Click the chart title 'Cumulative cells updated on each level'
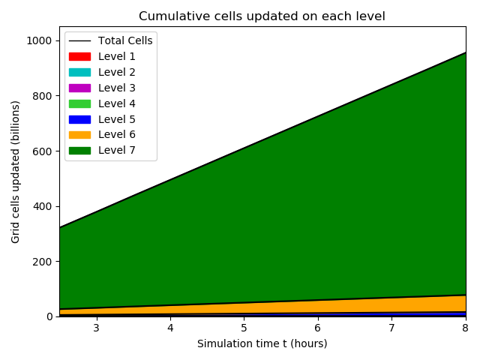[x=262, y=16]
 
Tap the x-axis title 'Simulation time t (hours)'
[x=262, y=343]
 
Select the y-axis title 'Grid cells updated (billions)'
[x=16, y=172]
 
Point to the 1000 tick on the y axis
[x=40, y=40]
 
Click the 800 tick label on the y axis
[x=43, y=96]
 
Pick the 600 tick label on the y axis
[x=43, y=151]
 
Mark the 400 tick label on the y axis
[x=43, y=206]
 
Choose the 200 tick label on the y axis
[x=43, y=262]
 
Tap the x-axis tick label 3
[x=96, y=328]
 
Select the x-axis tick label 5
[x=244, y=328]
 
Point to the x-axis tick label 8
[x=466, y=328]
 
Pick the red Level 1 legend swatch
[x=79, y=56]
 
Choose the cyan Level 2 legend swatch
[x=79, y=72]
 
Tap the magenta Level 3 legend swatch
[x=79, y=88]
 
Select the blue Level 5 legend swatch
[x=79, y=119]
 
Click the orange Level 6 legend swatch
[x=79, y=135]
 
